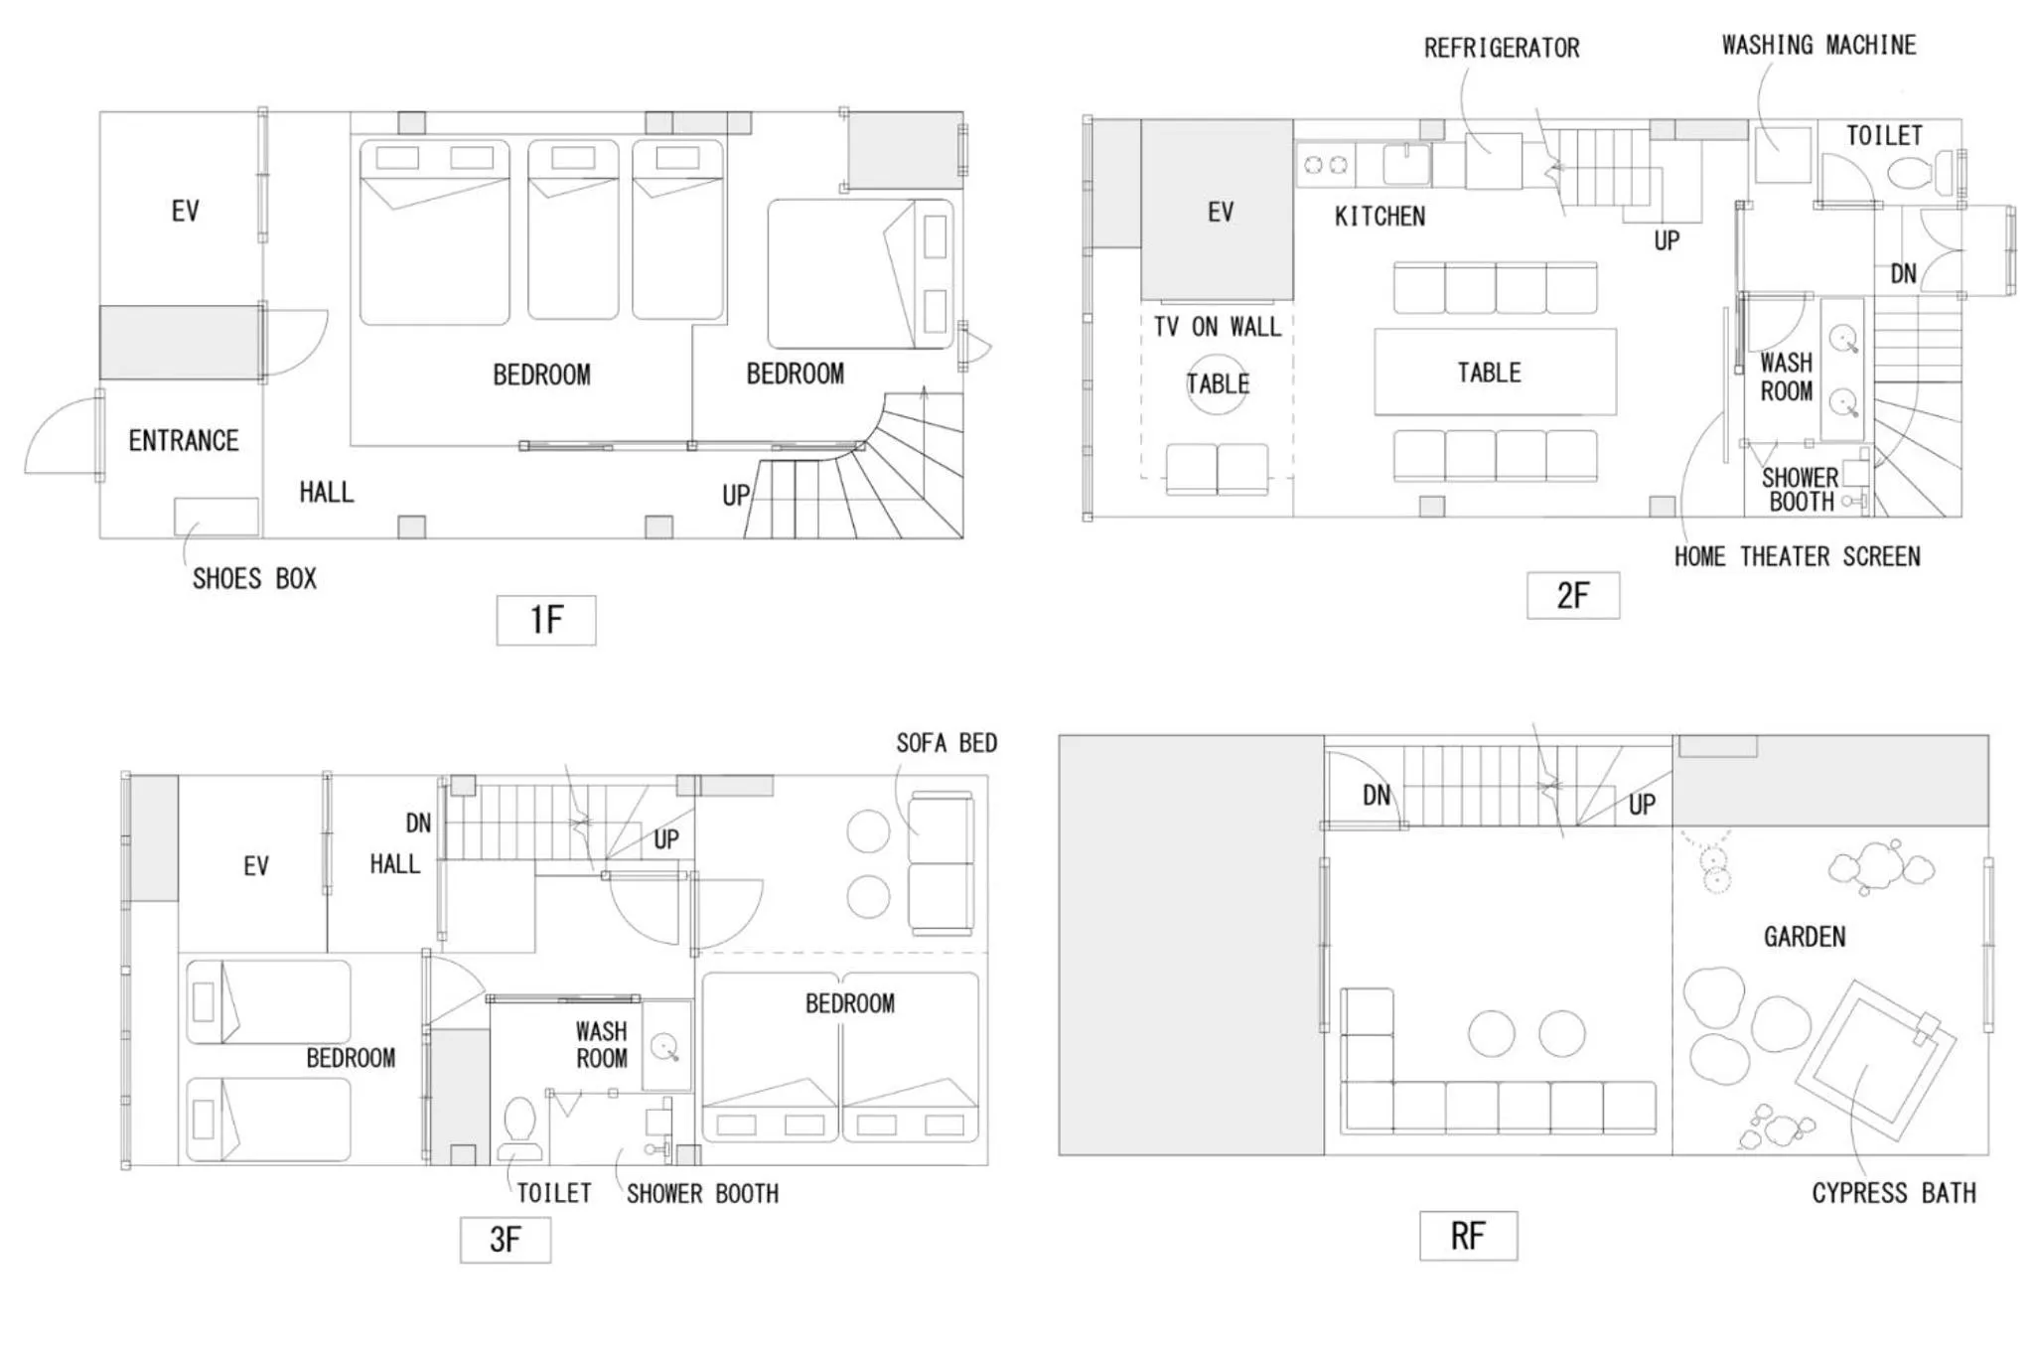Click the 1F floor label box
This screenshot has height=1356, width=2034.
pyautogui.click(x=545, y=620)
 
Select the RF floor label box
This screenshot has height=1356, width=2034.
pyautogui.click(x=1467, y=1236)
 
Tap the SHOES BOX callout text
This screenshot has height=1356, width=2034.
pyautogui.click(x=254, y=579)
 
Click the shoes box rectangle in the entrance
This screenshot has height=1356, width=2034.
pyautogui.click(x=216, y=517)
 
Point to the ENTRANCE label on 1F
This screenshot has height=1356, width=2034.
pyautogui.click(x=183, y=440)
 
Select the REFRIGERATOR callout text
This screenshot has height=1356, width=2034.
pyautogui.click(x=1501, y=48)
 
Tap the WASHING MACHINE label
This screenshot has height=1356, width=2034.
pyautogui.click(x=1817, y=45)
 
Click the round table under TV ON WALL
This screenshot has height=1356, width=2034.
pyautogui.click(x=1218, y=384)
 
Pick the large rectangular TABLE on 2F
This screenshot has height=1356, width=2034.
pyautogui.click(x=1494, y=372)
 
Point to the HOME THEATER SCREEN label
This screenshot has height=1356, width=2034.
pyautogui.click(x=1797, y=556)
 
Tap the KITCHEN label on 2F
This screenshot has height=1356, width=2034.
pyautogui.click(x=1379, y=216)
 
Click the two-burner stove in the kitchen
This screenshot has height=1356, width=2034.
pyautogui.click(x=1325, y=165)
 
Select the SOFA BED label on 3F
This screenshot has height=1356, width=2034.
pyautogui.click(x=945, y=743)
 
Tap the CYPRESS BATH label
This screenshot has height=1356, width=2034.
pyautogui.click(x=1893, y=1193)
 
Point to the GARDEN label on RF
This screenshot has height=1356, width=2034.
pyautogui.click(x=1804, y=936)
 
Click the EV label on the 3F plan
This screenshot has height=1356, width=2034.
pyautogui.click(x=255, y=865)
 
